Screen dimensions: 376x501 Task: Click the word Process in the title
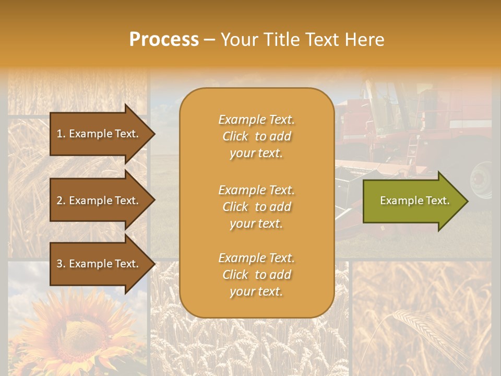(x=164, y=40)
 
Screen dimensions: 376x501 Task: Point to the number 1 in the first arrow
(x=59, y=134)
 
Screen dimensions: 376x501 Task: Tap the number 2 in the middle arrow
(x=59, y=201)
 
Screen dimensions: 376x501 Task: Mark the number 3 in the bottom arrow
(x=59, y=264)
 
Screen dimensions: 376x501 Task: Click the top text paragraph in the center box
(x=256, y=136)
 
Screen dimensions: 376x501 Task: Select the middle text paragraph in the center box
(x=256, y=207)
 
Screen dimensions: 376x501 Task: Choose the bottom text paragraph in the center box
(x=256, y=275)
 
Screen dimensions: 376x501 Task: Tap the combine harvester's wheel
(x=481, y=180)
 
